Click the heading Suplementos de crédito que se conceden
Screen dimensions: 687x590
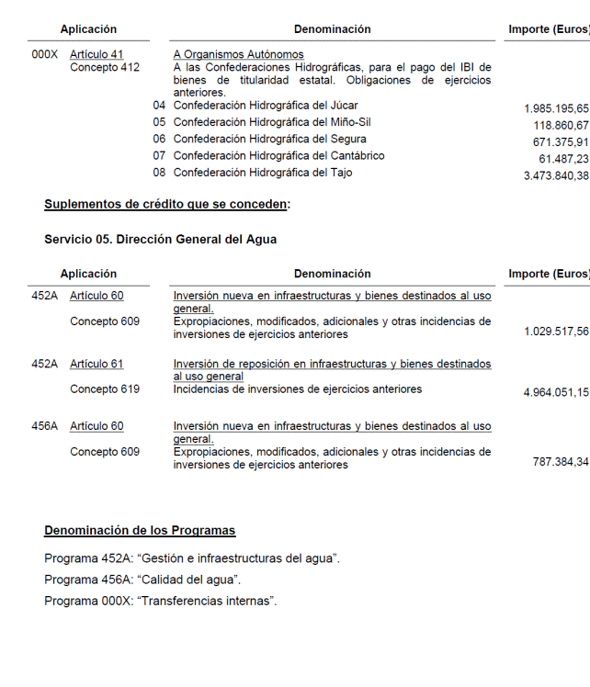(x=166, y=204)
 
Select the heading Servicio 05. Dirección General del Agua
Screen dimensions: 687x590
(x=160, y=239)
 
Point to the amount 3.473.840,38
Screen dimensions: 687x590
(x=556, y=175)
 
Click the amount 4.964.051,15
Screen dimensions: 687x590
(x=556, y=393)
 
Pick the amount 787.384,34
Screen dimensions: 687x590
(x=561, y=462)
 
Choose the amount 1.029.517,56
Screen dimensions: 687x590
(x=556, y=332)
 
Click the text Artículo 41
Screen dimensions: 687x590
(x=96, y=55)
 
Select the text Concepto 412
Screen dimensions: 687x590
(x=105, y=68)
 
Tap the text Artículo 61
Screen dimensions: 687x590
(x=96, y=365)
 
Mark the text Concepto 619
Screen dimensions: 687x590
(x=105, y=389)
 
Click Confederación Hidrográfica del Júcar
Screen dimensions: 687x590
(x=266, y=107)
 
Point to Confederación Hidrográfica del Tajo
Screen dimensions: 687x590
(x=263, y=173)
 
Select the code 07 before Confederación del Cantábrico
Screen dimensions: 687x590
(x=159, y=156)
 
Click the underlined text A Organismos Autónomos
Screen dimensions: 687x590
(x=238, y=55)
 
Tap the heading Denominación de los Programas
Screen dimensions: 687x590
(x=140, y=531)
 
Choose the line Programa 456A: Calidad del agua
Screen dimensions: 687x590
(x=142, y=580)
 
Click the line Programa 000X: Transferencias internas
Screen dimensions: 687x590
(x=160, y=601)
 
